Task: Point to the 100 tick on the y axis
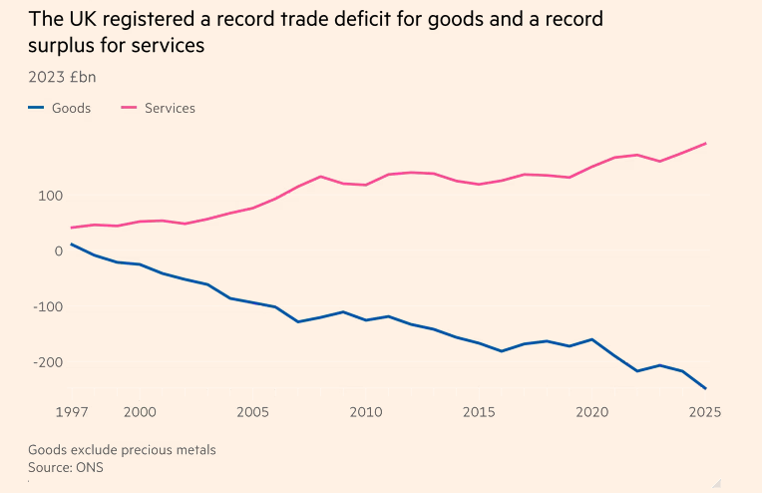tap(50, 196)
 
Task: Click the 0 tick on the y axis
tap(58, 251)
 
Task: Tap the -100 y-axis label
tap(47, 307)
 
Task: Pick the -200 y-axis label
tap(47, 363)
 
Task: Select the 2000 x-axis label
tap(139, 411)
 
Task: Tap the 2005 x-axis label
tap(252, 411)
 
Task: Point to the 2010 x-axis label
tap(366, 411)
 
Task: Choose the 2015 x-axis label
tap(480, 411)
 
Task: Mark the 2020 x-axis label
tap(593, 411)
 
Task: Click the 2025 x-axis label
tap(704, 411)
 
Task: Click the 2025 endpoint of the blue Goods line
tap(706, 388)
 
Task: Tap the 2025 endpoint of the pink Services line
tap(706, 144)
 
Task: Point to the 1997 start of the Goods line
tap(72, 244)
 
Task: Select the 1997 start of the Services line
tap(72, 228)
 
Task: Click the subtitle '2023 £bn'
tap(62, 77)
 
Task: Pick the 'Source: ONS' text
tap(66, 466)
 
